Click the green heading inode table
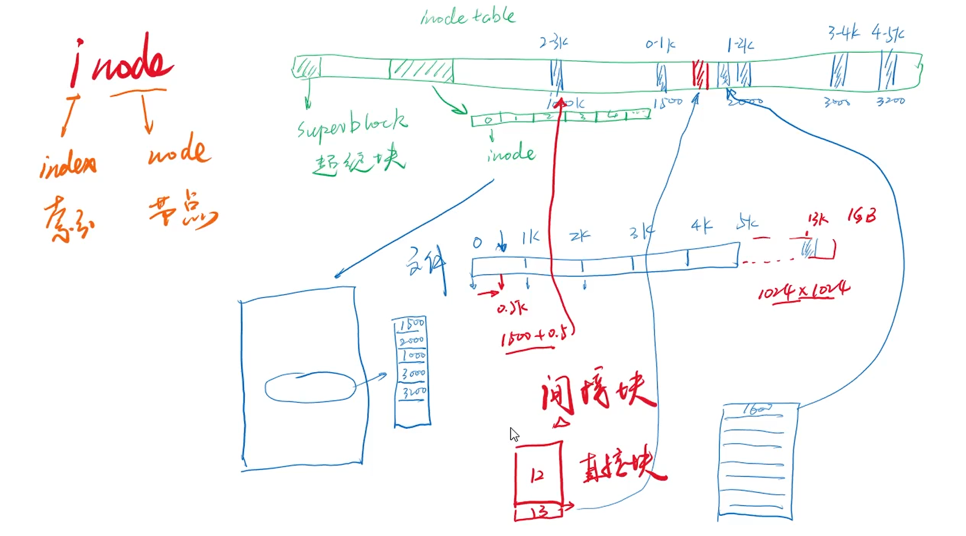(x=468, y=17)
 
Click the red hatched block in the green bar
(x=700, y=75)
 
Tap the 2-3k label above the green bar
(x=554, y=42)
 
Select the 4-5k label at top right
(x=887, y=34)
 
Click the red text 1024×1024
(x=803, y=292)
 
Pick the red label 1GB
(x=862, y=216)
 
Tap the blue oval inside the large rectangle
(x=310, y=388)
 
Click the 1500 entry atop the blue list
(x=412, y=324)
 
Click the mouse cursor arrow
(x=514, y=434)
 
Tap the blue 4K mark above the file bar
(x=701, y=226)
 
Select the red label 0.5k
(x=512, y=309)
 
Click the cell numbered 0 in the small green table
(x=488, y=120)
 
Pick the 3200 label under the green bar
(x=890, y=101)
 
